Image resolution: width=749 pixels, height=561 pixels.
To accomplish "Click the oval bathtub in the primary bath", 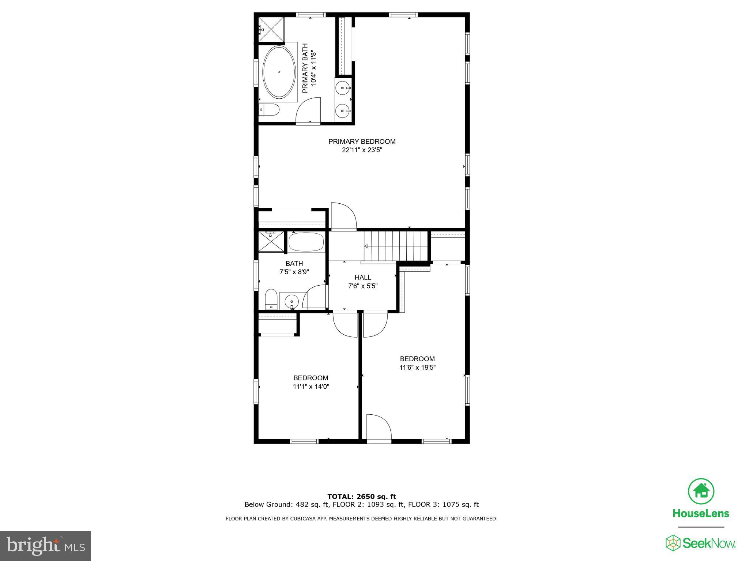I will coord(279,72).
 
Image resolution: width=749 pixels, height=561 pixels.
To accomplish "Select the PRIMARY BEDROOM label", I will coord(362,142).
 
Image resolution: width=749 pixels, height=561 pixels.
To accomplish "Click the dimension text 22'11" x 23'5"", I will coord(362,150).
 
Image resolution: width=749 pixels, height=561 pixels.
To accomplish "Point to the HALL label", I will coord(363,278).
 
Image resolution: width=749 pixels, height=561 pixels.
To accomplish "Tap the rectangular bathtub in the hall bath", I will coord(306,242).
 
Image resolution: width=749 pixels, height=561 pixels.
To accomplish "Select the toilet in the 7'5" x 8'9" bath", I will coord(271,299).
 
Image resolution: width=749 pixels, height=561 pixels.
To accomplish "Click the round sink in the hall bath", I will coord(292,302).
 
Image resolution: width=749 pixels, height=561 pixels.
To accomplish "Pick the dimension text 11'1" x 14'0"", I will coord(311,387).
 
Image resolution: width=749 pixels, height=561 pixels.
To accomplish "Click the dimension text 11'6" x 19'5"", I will coord(417,367).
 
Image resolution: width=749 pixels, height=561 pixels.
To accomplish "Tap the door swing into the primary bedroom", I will coord(343,217).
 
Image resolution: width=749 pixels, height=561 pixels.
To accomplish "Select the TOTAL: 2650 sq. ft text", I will coord(361,496).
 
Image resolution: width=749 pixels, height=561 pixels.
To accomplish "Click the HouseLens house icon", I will coord(701,491).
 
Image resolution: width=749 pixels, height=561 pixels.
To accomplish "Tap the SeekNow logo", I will coord(700,543).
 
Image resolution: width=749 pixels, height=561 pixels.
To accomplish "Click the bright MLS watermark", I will coord(45,546).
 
